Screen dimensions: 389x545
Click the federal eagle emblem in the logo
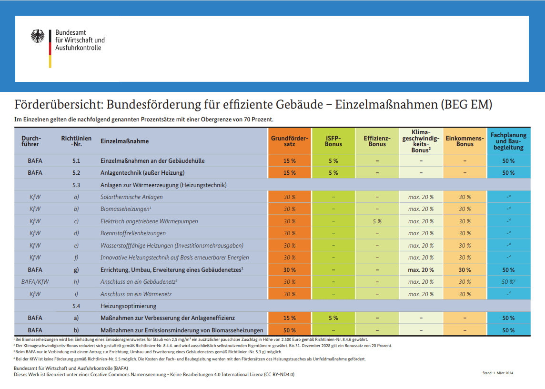pos(38,36)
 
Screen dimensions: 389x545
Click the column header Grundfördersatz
pos(290,141)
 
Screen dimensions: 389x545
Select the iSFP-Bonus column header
pos(333,141)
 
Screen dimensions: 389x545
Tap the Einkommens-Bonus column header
pos(464,141)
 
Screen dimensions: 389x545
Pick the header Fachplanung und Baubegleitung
pos(508,141)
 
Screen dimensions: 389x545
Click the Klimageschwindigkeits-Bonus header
pos(421,141)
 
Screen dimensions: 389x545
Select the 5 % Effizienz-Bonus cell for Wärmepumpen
pos(377,221)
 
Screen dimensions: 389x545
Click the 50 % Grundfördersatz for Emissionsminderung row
pos(290,330)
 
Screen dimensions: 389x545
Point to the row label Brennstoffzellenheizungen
pos(133,233)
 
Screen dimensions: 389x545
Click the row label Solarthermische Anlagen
pos(131,197)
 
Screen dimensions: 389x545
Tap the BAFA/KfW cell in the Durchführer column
pos(35,282)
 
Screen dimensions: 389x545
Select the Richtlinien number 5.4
pos(76,306)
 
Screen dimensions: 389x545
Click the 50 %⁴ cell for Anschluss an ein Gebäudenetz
pos(508,282)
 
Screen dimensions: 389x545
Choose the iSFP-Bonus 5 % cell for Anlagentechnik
pos(333,173)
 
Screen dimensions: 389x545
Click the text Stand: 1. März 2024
pos(497,373)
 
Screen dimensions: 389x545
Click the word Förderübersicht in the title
pos(59,104)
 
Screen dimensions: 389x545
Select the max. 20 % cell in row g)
pos(421,270)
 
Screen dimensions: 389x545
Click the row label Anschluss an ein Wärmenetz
pos(136,294)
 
